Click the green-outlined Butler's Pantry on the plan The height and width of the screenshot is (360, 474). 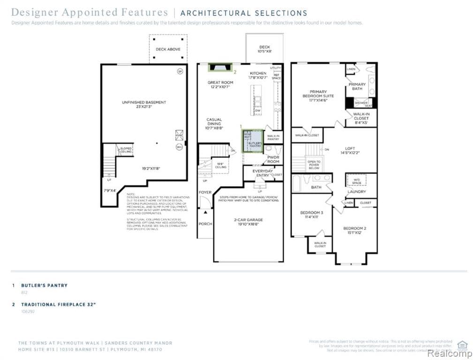[x=252, y=141]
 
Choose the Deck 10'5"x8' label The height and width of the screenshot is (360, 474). [x=265, y=49]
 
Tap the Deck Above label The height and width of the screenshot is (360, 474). [x=168, y=49]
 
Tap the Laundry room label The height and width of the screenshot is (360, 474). [x=356, y=191]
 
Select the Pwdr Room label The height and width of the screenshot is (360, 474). [x=273, y=159]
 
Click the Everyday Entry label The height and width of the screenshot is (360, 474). [x=262, y=173]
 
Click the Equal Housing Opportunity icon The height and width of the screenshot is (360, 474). [x=462, y=345]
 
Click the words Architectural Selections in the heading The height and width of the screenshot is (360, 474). [x=244, y=13]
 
